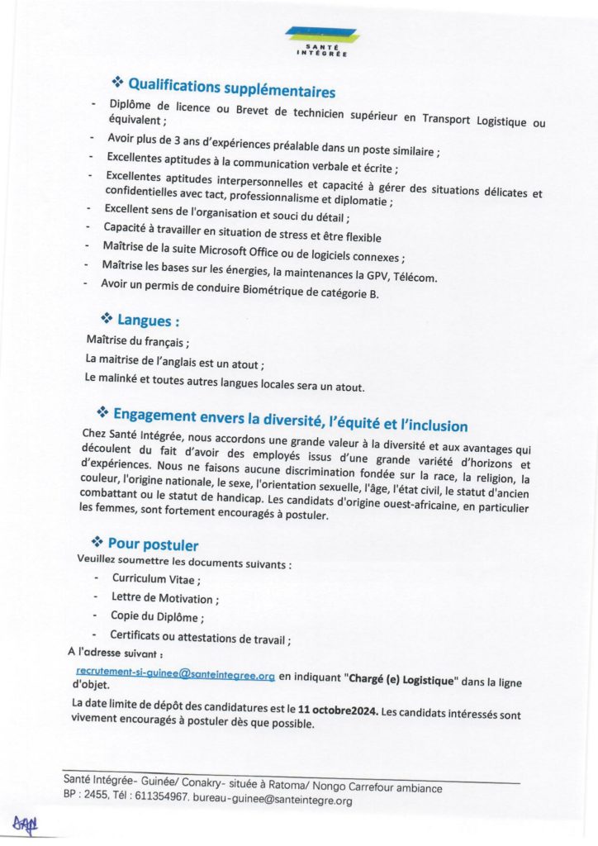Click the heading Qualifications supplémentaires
[231, 87]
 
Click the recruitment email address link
[174, 675]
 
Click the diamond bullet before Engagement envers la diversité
[102, 411]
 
